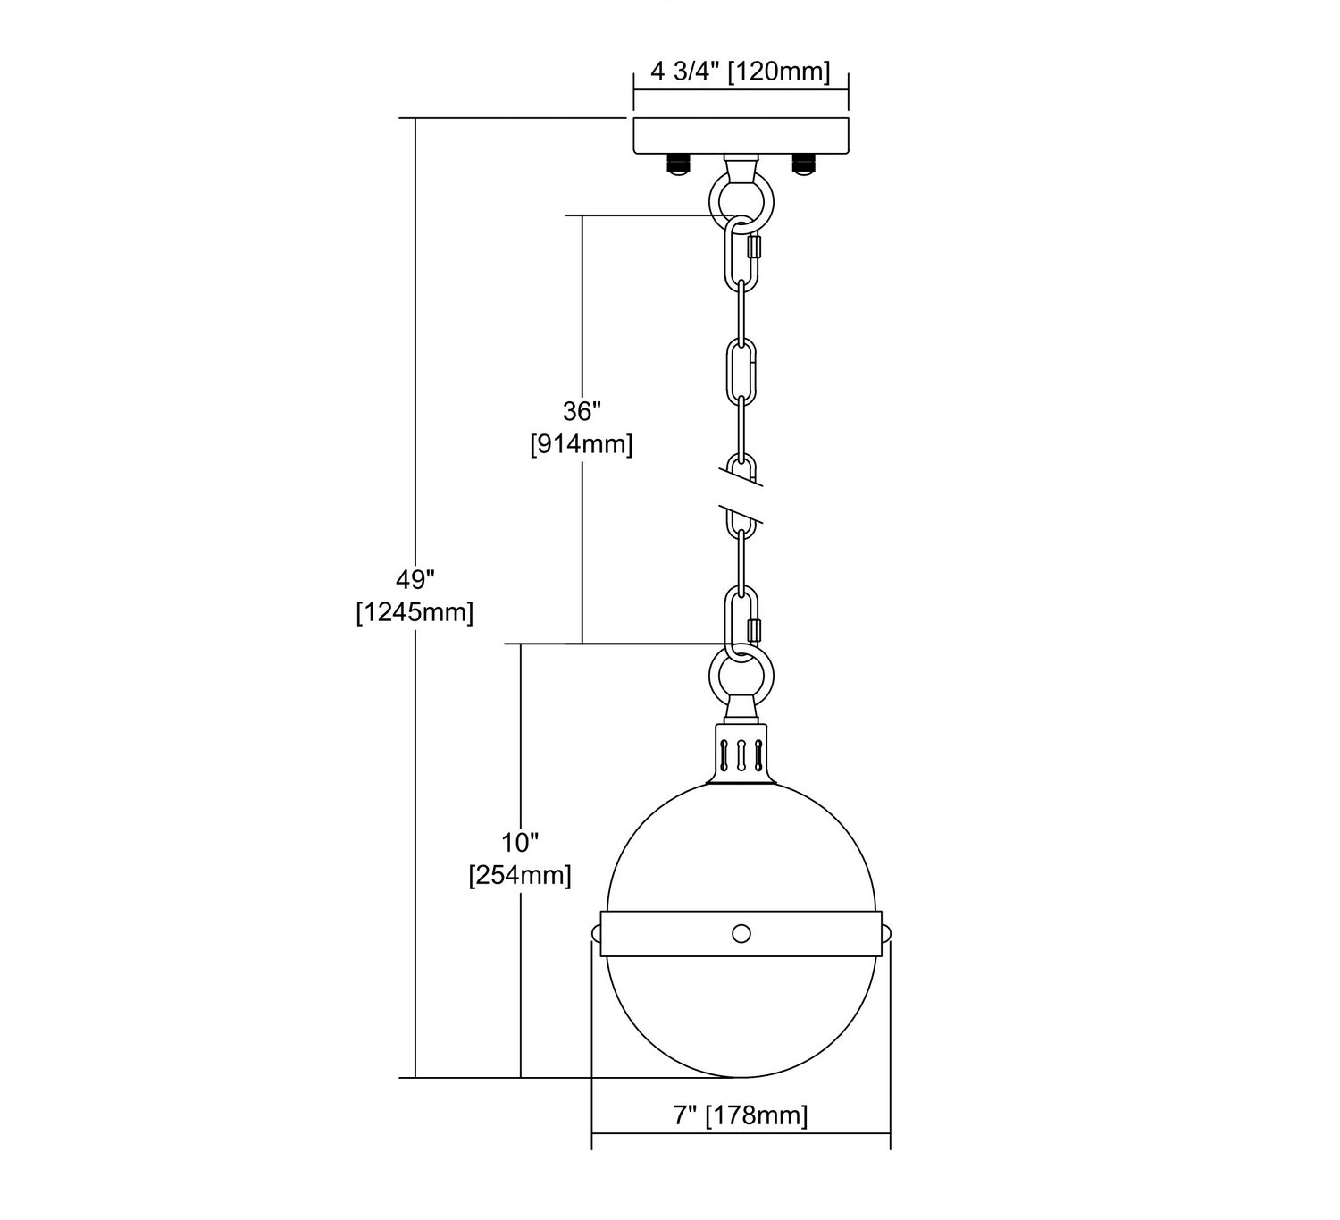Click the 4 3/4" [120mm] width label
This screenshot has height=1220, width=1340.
tap(741, 71)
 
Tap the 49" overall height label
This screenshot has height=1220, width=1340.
tap(415, 580)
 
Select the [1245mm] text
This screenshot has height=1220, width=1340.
tap(415, 612)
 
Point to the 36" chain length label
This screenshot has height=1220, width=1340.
tap(582, 412)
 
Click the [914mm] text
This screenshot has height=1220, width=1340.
tap(582, 444)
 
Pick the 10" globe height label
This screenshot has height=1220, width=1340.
tap(520, 843)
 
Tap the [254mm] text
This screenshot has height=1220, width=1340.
tap(520, 875)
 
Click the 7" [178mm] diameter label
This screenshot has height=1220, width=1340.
tap(741, 1115)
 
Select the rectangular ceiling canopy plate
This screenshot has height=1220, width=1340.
tap(741, 137)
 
